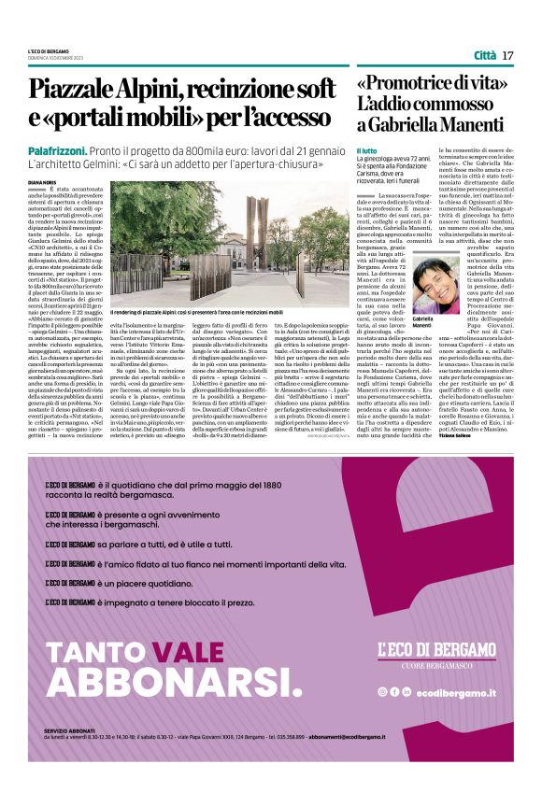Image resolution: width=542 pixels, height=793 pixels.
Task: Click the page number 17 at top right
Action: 508,55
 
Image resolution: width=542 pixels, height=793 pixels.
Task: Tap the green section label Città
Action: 484,55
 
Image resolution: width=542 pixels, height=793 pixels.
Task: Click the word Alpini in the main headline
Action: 158,91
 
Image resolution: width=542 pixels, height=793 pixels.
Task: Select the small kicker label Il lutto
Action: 366,151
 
